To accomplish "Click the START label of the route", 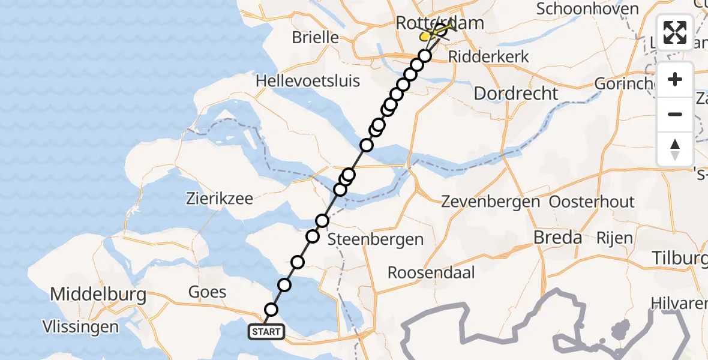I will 265,331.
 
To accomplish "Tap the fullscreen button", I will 675,32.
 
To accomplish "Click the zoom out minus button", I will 675,114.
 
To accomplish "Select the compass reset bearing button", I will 675,148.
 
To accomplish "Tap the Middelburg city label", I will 98,295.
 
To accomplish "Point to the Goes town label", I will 207,292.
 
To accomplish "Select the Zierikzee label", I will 220,198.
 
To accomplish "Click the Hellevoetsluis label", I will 307,80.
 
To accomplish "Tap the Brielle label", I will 315,37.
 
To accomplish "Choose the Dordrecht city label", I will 516,94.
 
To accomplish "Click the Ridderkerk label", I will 490,57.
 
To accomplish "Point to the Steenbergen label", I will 376,239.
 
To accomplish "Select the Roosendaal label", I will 431,272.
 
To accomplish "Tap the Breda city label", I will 558,238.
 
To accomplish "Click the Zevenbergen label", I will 491,202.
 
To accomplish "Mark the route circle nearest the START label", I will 271,310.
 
